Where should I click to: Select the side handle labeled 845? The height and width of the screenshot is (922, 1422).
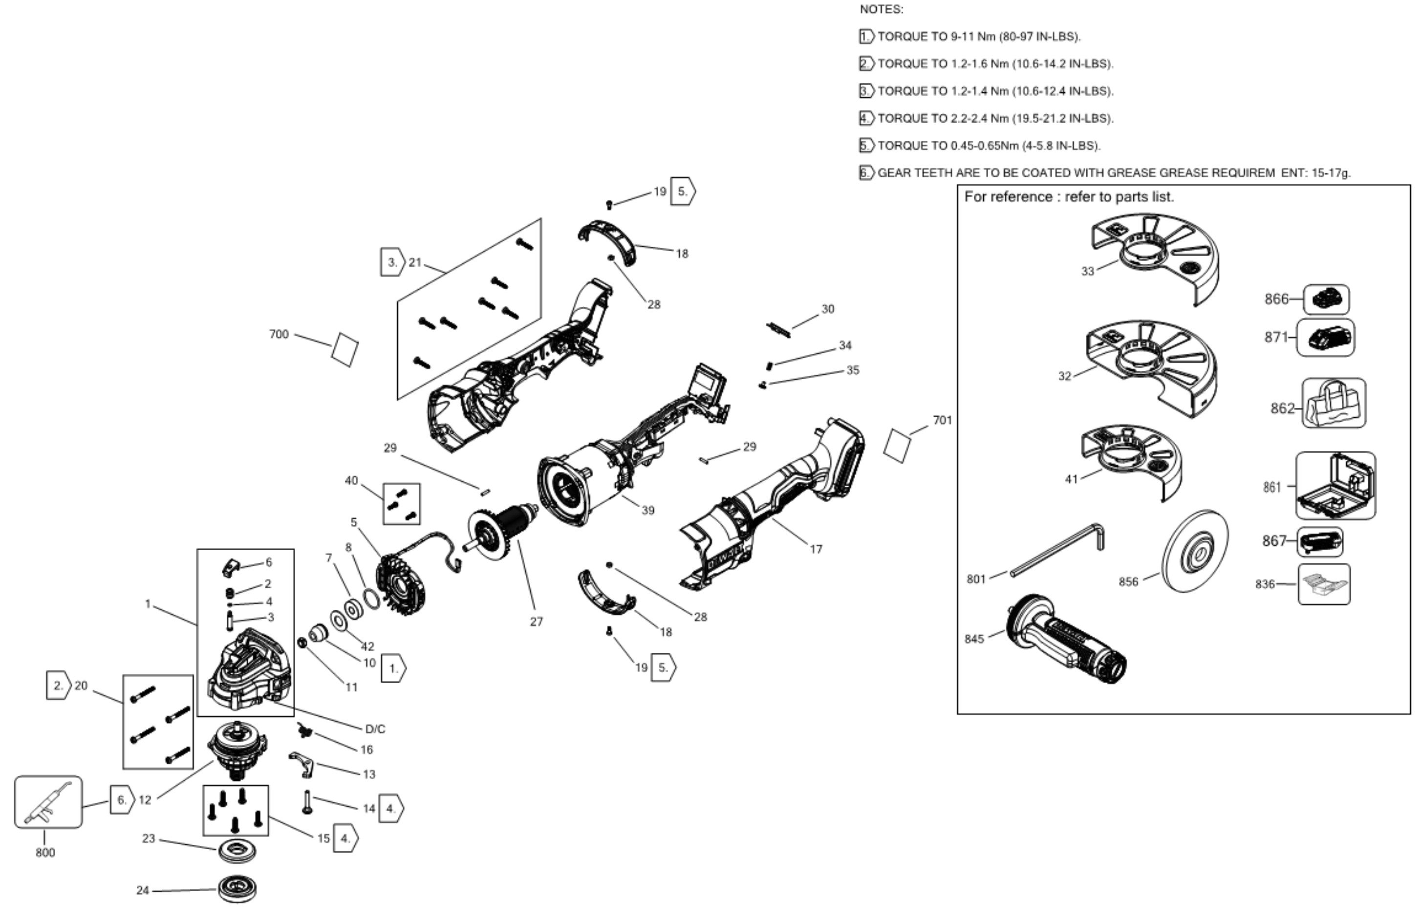[x=1066, y=640]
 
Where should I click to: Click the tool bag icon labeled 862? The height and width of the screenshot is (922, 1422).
[x=1334, y=403]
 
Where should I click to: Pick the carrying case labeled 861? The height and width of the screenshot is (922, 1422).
[x=1336, y=485]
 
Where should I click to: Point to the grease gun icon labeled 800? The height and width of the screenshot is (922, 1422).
[x=48, y=802]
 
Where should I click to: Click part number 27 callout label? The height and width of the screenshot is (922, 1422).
[x=537, y=622]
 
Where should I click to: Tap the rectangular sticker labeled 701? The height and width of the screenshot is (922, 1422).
[x=897, y=445]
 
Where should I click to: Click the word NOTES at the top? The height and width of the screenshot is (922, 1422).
[x=881, y=10]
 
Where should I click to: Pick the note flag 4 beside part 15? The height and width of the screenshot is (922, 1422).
[x=346, y=838]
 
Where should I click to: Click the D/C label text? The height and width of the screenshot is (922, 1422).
[x=375, y=729]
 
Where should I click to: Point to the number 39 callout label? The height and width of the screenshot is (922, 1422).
[x=647, y=510]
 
